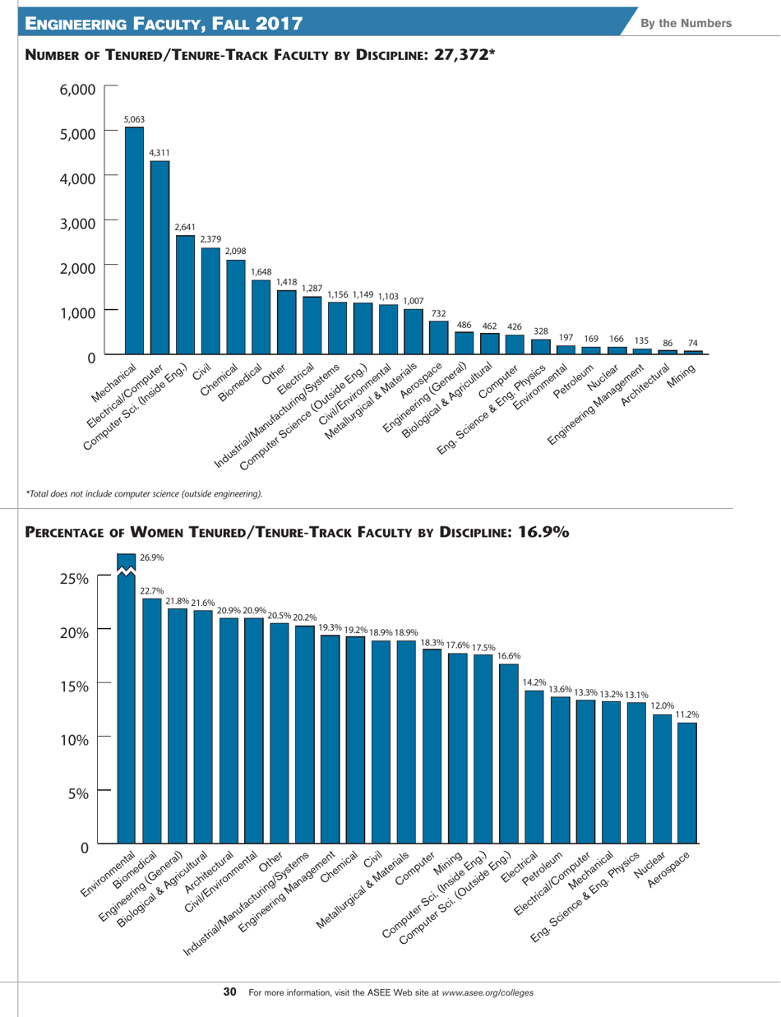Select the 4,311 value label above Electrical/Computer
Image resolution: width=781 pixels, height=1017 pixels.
click(x=159, y=153)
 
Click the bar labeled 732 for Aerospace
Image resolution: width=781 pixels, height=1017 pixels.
click(x=439, y=337)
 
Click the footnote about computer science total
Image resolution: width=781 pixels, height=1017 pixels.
click(x=145, y=493)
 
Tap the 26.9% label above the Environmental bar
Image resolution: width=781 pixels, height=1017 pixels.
click(x=151, y=557)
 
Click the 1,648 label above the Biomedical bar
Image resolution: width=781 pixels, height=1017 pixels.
click(x=261, y=270)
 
